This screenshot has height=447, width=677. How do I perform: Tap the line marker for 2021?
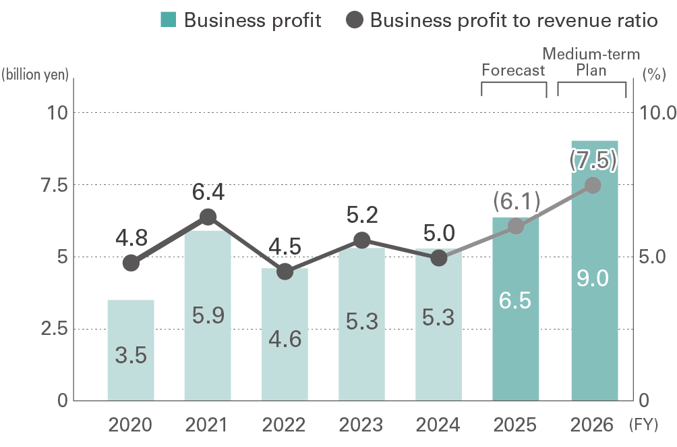point(208,217)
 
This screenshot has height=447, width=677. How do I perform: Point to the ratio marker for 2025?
point(516,226)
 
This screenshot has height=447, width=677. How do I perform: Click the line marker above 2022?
point(285,271)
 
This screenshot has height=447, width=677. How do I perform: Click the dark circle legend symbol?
point(354,20)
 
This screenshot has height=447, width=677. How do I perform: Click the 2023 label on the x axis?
point(361,425)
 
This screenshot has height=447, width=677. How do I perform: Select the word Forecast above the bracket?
point(513,70)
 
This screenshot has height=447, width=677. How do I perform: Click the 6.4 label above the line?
point(208,193)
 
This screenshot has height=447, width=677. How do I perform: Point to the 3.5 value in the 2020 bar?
point(131,355)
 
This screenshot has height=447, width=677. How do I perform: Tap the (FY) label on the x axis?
point(647,426)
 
